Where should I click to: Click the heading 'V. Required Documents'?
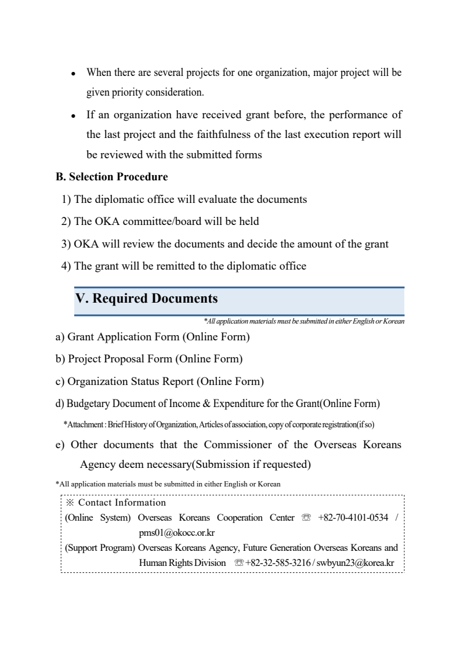[x=147, y=299]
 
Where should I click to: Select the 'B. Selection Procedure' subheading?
[x=112, y=177]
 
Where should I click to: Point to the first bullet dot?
[x=74, y=74]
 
